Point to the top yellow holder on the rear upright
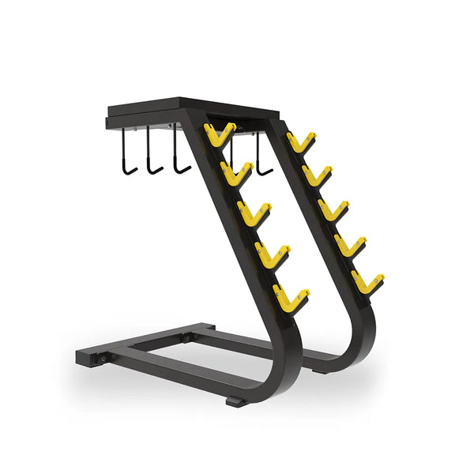[300, 143]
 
